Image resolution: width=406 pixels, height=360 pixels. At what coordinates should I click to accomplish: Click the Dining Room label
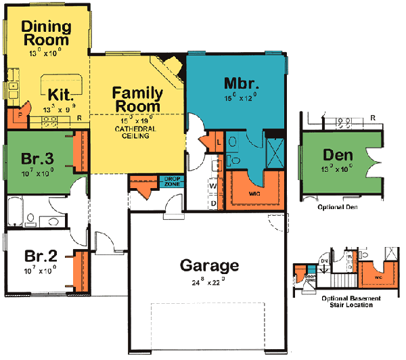tap(46, 33)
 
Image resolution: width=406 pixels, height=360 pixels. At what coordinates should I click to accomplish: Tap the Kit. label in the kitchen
tap(61, 93)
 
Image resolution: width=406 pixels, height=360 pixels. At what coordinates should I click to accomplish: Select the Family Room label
tap(137, 99)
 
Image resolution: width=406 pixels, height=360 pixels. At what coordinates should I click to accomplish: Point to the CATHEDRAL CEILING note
tap(137, 132)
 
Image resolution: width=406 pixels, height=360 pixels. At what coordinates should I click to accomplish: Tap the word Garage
tap(209, 265)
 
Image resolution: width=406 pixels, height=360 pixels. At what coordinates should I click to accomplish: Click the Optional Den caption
tap(337, 208)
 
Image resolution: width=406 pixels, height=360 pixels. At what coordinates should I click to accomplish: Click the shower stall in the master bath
tap(275, 147)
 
